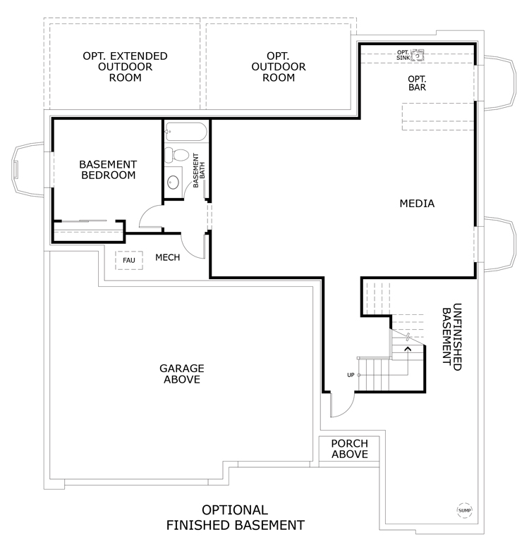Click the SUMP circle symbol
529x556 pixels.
(464, 510)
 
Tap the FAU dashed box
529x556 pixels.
(129, 260)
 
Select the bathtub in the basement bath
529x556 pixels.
(186, 132)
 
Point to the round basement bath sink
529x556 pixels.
(174, 182)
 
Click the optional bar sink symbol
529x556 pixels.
(418, 55)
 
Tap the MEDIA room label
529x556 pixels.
(417, 204)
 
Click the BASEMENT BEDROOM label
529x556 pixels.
(108, 170)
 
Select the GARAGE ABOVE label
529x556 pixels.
(182, 373)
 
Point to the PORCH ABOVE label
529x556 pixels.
(350, 449)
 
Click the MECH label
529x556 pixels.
(168, 257)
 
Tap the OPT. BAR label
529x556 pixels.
(417, 83)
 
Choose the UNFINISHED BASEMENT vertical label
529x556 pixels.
(452, 337)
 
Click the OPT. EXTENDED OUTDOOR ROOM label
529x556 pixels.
(125, 67)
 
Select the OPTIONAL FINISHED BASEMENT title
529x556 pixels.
(236, 518)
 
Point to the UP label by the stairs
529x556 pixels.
(351, 375)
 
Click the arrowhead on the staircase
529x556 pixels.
(408, 350)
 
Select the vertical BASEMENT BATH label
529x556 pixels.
(199, 171)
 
